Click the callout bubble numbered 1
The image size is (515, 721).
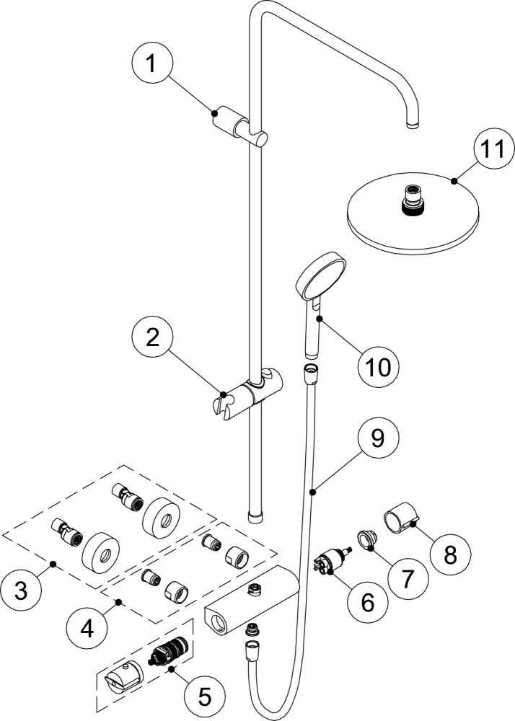tap(151, 64)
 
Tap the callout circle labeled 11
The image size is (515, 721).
tap(493, 149)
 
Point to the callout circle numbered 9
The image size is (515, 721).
tap(378, 438)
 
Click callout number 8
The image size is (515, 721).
tap(451, 554)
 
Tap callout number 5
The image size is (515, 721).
tap(205, 696)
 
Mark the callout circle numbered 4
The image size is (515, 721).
tap(87, 628)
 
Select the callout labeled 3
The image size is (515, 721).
tap(21, 591)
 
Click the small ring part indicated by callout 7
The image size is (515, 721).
tap(367, 539)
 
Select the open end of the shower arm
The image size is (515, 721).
tap(413, 124)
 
